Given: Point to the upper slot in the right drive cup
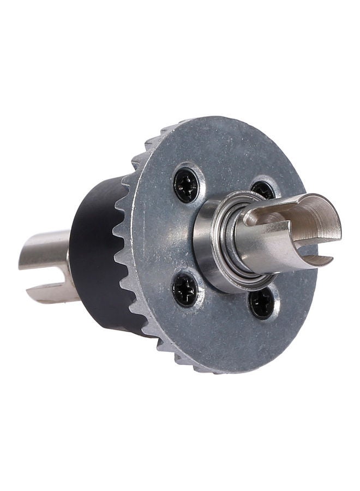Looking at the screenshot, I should point(267,217).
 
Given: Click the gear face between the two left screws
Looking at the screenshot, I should point(164,237).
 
